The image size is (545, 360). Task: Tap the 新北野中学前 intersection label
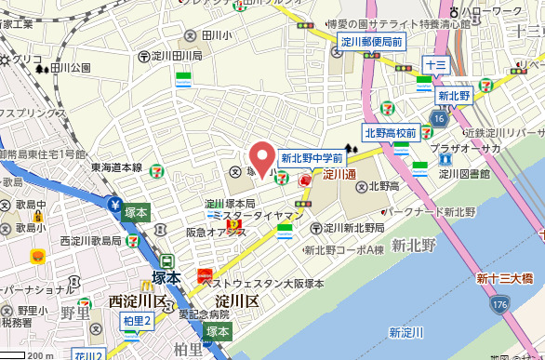312,158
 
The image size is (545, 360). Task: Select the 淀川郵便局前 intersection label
371,42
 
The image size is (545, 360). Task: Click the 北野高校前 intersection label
391,133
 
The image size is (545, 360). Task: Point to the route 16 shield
439,118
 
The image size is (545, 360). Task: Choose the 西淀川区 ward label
137,300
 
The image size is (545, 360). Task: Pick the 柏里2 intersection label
137,321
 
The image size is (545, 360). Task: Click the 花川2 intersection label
89,353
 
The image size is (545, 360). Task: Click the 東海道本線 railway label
116,167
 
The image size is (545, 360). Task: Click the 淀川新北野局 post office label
354,228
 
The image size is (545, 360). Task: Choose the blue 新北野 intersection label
456,95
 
